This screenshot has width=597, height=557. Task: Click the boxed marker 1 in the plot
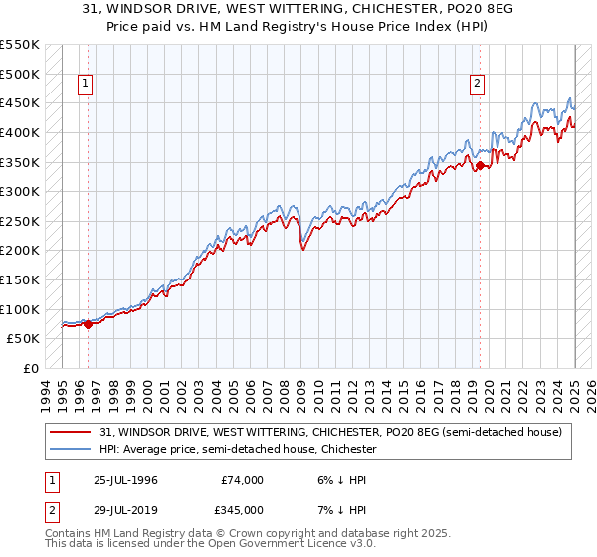click(87, 85)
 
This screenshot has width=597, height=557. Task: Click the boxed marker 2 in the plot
click(479, 85)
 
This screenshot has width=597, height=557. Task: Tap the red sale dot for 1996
click(88, 323)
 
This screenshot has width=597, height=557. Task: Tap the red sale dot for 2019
click(480, 165)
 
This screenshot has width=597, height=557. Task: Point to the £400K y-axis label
click(20, 132)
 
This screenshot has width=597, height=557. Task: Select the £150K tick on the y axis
click(20, 279)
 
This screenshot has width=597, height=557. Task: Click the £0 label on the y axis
click(30, 368)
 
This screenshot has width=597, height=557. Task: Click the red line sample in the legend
click(71, 432)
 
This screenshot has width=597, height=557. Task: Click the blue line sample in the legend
click(71, 449)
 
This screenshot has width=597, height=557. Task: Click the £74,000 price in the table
click(242, 480)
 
